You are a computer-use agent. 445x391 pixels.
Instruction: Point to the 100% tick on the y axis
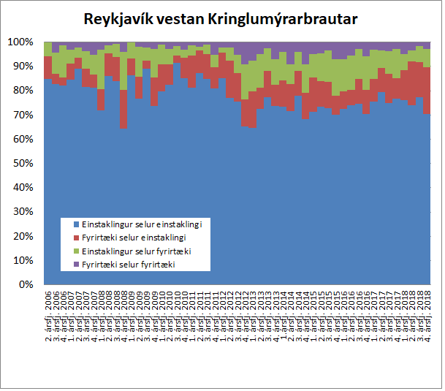coord(20,42)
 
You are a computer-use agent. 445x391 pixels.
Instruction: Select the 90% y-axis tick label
coord(23,67)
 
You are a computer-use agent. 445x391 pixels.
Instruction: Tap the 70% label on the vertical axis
coord(23,115)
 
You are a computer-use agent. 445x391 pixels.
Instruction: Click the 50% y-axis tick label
coord(23,163)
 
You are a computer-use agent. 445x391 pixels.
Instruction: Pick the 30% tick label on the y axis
coord(23,212)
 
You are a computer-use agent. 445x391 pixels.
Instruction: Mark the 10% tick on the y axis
coord(23,260)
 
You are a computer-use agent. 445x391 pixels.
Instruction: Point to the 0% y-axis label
coord(25,284)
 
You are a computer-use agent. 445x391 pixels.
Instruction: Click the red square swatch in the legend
coord(76,237)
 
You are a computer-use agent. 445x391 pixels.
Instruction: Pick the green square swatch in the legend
coord(76,250)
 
